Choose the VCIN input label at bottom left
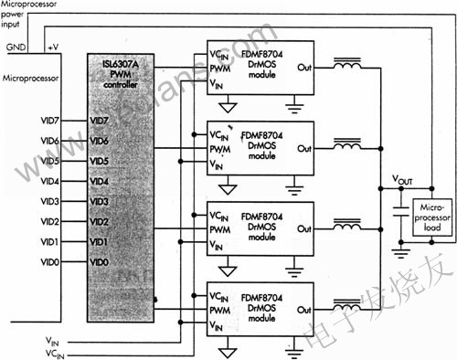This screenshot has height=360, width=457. click(x=56, y=352)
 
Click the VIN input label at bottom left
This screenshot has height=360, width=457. click(x=53, y=339)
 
